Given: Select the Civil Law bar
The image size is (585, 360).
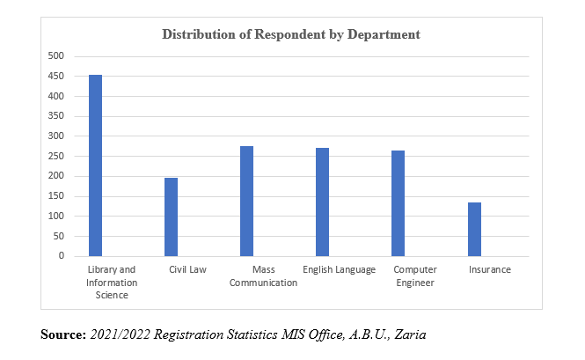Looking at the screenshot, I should click(x=171, y=217).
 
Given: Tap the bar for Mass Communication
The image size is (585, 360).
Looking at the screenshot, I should click(x=246, y=201).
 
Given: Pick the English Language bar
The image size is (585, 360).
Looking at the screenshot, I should click(x=322, y=202).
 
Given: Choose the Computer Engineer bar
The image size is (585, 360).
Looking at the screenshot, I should click(x=398, y=203).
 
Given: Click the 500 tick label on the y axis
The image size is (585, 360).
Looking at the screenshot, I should click(x=56, y=55).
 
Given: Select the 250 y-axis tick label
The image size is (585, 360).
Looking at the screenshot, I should click(x=56, y=156).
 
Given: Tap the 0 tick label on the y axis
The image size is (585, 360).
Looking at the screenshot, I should click(x=62, y=256).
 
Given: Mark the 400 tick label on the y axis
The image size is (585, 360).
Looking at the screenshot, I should click(x=56, y=96).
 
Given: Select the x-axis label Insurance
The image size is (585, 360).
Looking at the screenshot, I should click(x=489, y=269).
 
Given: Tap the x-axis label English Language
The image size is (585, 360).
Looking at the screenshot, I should click(x=339, y=269).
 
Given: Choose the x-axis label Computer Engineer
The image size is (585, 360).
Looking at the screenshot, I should click(x=415, y=276).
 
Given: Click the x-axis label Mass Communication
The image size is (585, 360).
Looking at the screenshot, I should click(x=262, y=276).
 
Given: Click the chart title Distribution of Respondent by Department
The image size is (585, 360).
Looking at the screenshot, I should click(x=291, y=34).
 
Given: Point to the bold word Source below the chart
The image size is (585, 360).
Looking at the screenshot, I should click(x=62, y=335).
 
